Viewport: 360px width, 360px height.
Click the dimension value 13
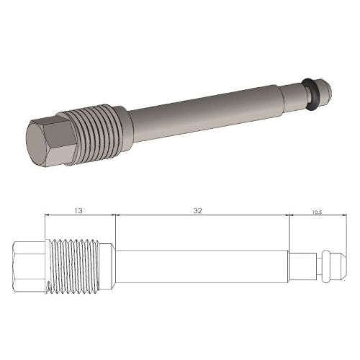77,210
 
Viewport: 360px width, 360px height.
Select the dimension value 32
197,210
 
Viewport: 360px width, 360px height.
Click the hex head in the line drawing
27,267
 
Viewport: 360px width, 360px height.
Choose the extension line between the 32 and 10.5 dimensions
289,230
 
